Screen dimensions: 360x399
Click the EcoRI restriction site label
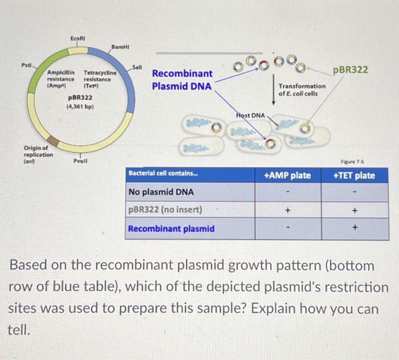(x=78, y=38)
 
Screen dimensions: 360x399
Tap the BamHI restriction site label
(x=120, y=46)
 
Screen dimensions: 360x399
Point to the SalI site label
(x=137, y=67)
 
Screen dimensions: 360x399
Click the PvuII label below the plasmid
(x=80, y=161)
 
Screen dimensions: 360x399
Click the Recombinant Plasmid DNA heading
(x=182, y=80)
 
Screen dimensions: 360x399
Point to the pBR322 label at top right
(x=351, y=69)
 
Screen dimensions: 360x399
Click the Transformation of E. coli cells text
(x=302, y=89)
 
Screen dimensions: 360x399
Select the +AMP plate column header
(x=288, y=175)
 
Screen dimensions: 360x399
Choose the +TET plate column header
(x=354, y=175)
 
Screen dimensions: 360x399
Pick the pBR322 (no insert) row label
(x=165, y=210)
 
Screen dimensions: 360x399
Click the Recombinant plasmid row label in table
(x=172, y=228)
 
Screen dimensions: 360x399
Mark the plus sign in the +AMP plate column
(x=288, y=210)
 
